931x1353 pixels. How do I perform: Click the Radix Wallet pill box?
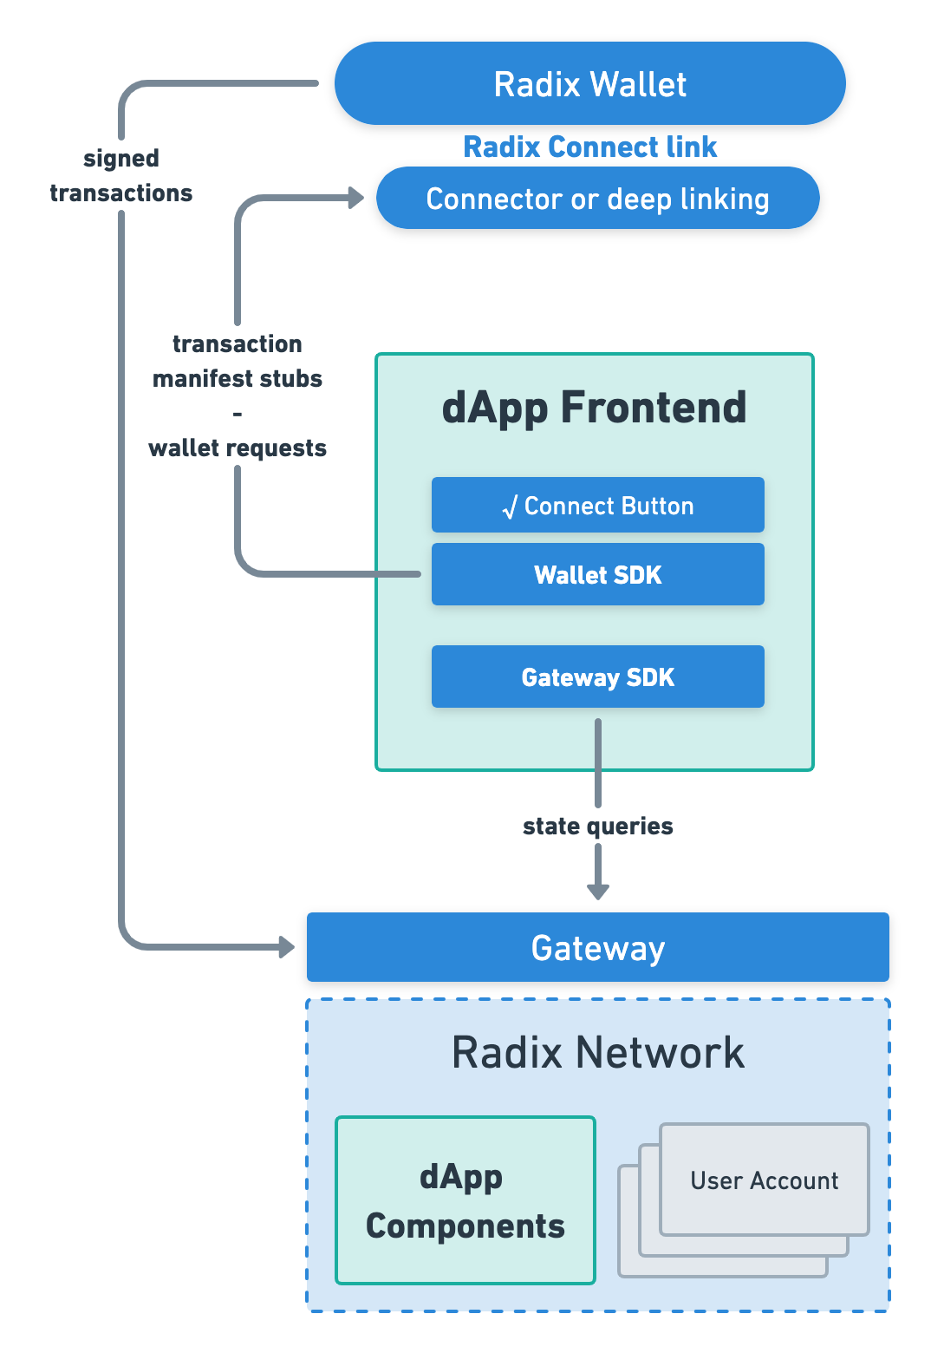click(x=589, y=84)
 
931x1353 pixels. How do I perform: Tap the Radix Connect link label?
click(x=589, y=147)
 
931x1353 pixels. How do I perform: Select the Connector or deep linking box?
click(x=597, y=199)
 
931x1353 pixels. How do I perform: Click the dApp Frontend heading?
click(x=594, y=408)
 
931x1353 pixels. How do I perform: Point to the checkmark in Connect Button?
click(x=510, y=507)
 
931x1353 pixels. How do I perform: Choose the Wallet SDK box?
click(x=597, y=574)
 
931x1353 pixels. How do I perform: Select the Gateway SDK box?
click(x=597, y=676)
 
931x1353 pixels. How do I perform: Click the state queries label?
click(x=597, y=826)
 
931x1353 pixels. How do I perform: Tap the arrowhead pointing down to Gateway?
click(x=598, y=890)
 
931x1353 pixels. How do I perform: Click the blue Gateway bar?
click(x=597, y=947)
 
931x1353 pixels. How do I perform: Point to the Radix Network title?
click(x=597, y=1053)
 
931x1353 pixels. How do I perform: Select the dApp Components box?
click(x=465, y=1200)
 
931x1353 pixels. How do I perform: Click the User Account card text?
click(x=764, y=1180)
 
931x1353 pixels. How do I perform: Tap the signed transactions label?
click(x=121, y=175)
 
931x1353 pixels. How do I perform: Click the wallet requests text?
click(x=238, y=448)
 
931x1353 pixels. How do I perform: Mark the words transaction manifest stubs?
click(x=238, y=361)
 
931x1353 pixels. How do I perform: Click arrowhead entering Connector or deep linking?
click(x=355, y=198)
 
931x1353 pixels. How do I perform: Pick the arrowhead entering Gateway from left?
click(x=286, y=947)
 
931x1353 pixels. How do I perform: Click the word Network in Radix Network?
click(x=660, y=1053)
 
